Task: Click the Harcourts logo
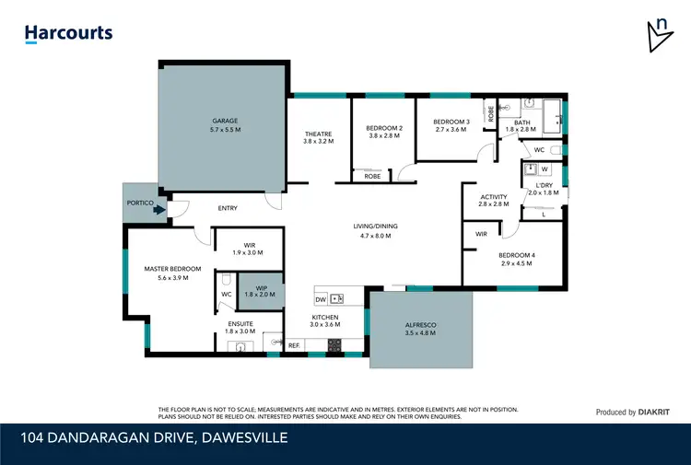click(68, 33)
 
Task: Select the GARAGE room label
click(226, 121)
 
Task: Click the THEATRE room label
click(318, 134)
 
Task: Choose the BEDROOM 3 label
click(451, 122)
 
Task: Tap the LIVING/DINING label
click(375, 227)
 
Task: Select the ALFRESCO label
click(419, 325)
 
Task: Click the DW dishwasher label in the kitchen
click(321, 299)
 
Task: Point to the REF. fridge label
click(294, 345)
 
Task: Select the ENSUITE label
click(240, 323)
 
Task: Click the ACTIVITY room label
click(494, 196)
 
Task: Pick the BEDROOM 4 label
click(516, 255)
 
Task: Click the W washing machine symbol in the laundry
click(544, 169)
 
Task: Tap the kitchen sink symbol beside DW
click(337, 298)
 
